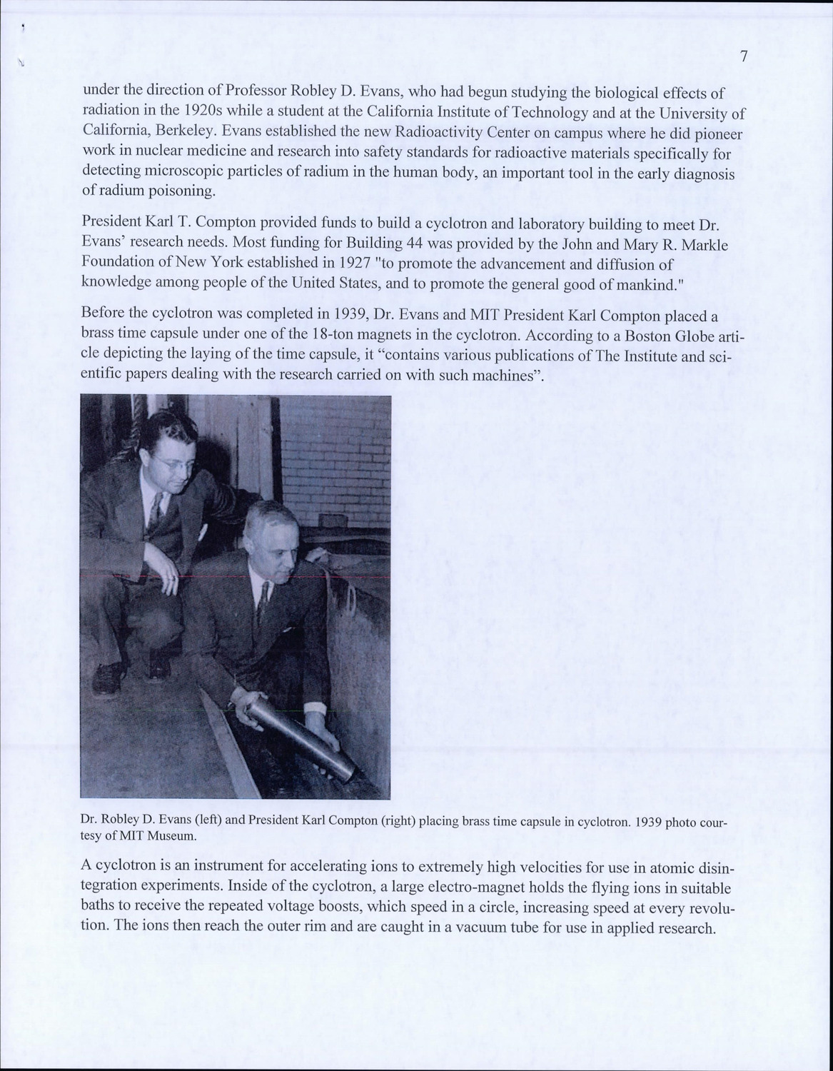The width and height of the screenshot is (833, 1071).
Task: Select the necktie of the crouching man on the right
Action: [x=263, y=600]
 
